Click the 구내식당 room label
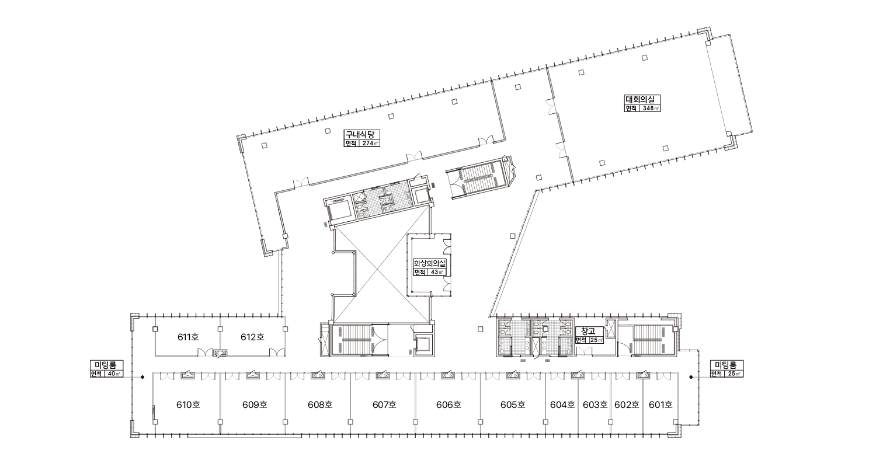(x=359, y=134)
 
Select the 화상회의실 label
(x=430, y=263)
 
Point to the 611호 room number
(x=188, y=337)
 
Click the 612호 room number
(x=252, y=337)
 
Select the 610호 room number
(x=188, y=404)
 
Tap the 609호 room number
(x=255, y=404)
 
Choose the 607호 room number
(x=384, y=404)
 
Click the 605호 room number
(x=513, y=404)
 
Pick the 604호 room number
(x=562, y=404)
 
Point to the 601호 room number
(x=661, y=404)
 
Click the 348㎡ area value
(x=649, y=109)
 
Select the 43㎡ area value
(x=437, y=272)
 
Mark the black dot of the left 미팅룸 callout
(x=142, y=377)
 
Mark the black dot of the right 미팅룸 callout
(x=691, y=377)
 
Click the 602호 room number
(x=627, y=404)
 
